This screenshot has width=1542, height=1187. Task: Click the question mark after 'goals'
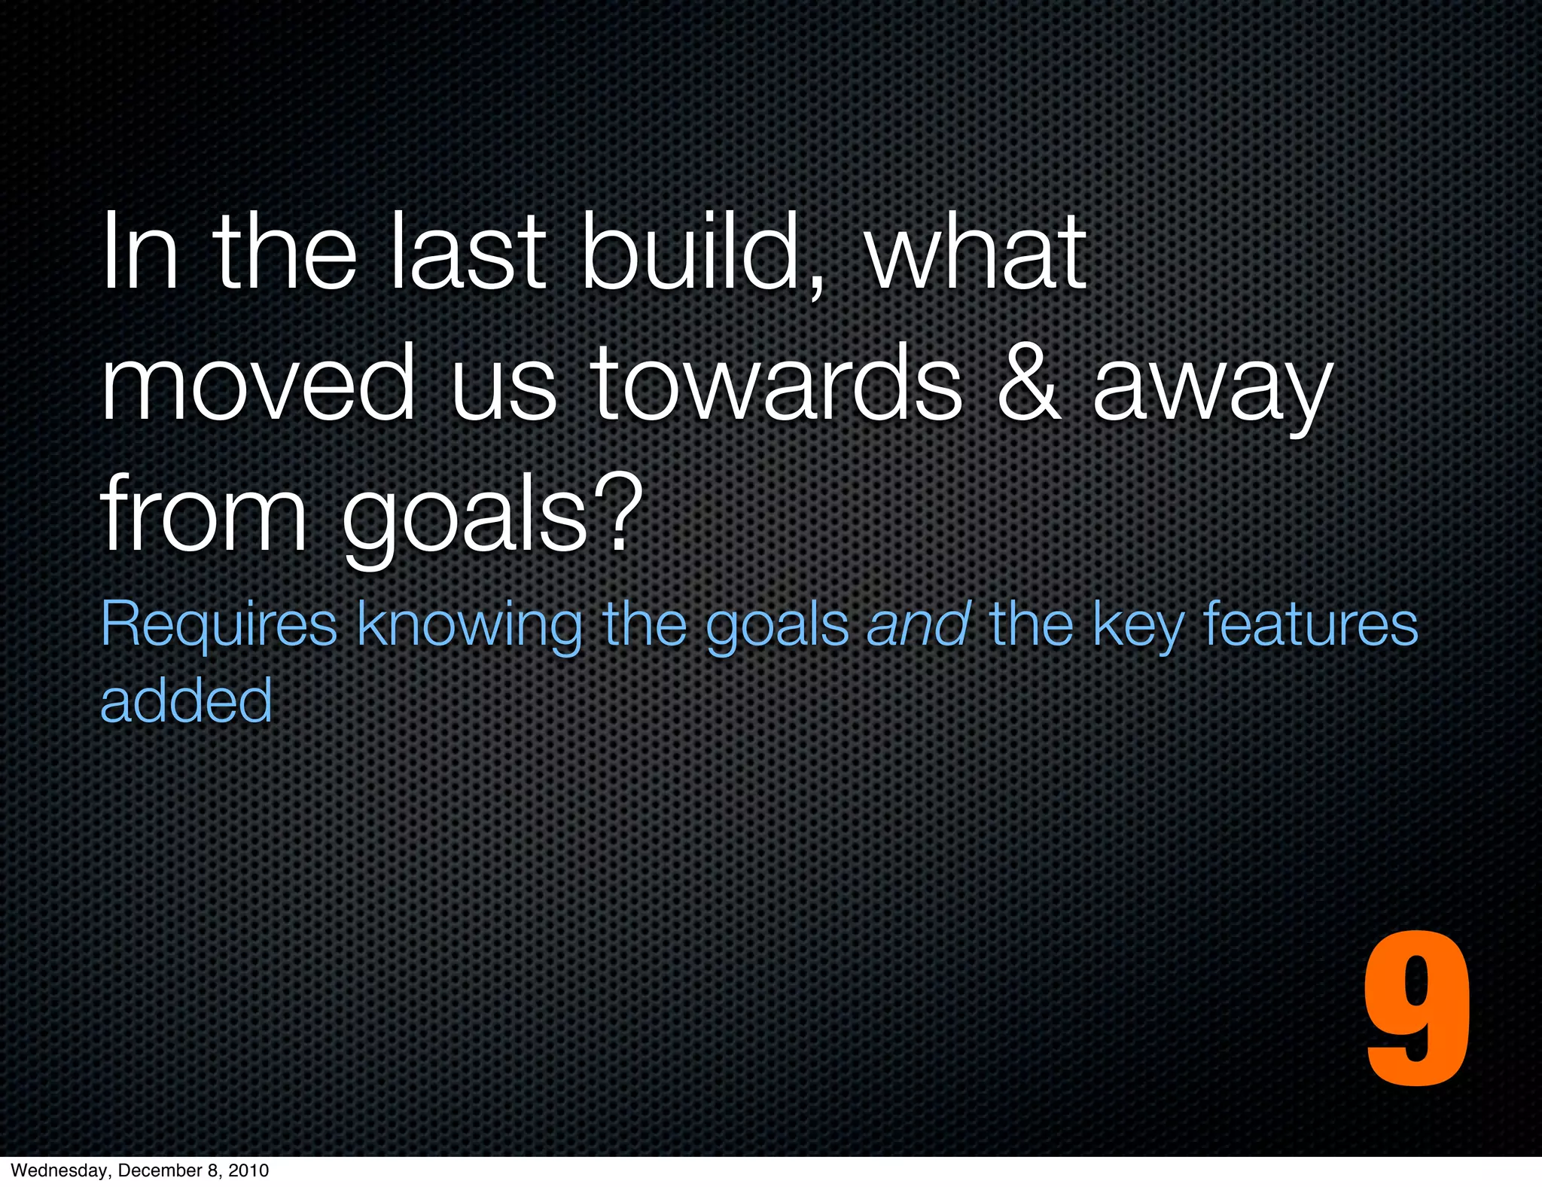click(618, 514)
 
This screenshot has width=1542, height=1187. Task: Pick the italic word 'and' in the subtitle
click(918, 624)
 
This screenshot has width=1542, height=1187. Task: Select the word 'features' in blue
click(1310, 624)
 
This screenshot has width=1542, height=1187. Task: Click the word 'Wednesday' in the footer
click(59, 1170)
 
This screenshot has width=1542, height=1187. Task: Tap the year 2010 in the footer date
click(248, 1170)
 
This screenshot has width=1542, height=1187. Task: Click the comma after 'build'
click(817, 286)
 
